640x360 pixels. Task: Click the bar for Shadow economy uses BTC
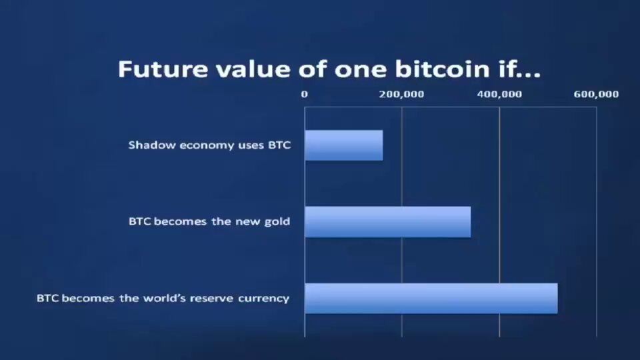coord(343,145)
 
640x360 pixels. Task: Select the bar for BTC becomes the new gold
coord(387,222)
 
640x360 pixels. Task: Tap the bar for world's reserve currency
coord(431,298)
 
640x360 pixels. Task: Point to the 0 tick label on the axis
coord(305,94)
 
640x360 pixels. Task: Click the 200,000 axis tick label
coord(401,94)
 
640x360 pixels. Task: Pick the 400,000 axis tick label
coord(499,94)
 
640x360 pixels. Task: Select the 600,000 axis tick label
coord(596,94)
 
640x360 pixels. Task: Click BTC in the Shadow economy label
coord(279,145)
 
